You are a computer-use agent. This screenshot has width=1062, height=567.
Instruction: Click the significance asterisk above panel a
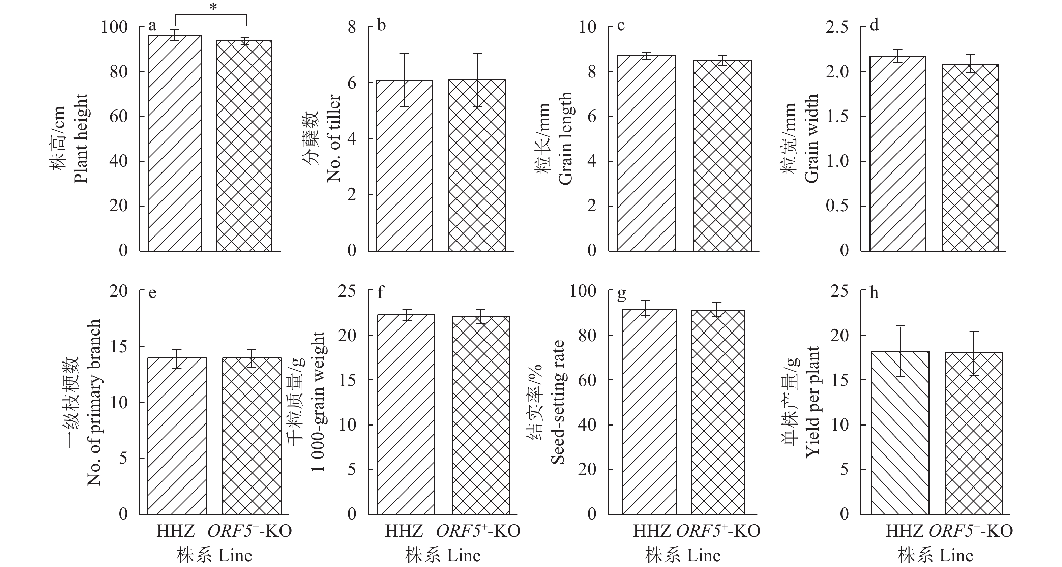pyautogui.click(x=213, y=8)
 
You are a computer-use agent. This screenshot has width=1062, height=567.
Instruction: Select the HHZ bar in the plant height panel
pyautogui.click(x=175, y=144)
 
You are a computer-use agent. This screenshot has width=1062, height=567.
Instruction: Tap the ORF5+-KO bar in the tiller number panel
pyautogui.click(x=477, y=165)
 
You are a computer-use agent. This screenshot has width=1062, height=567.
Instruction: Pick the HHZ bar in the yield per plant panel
pyautogui.click(x=900, y=433)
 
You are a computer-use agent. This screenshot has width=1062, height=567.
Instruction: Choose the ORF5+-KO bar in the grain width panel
pyautogui.click(x=970, y=157)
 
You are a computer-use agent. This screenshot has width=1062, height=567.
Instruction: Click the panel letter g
pyautogui.click(x=622, y=294)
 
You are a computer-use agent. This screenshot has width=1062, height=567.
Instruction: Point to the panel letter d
pyautogui.click(x=874, y=26)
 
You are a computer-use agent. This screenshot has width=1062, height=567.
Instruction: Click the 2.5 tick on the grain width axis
pyautogui.click(x=837, y=27)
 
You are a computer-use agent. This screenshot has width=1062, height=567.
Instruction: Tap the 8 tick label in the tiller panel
pyautogui.click(x=352, y=27)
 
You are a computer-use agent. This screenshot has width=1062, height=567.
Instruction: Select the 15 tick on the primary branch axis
pyautogui.click(x=118, y=347)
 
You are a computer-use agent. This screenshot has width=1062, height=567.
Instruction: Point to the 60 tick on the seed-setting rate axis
pyautogui.click(x=587, y=380)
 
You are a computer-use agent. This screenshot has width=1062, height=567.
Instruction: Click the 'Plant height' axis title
pyautogui.click(x=81, y=138)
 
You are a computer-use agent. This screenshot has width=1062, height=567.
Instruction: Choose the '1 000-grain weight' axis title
pyautogui.click(x=318, y=402)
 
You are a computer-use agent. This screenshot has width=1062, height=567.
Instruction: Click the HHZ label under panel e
pyautogui.click(x=176, y=531)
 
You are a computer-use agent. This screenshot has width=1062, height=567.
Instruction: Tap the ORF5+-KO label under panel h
pyautogui.click(x=971, y=531)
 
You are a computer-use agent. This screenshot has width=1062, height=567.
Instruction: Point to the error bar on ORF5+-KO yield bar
pyautogui.click(x=974, y=353)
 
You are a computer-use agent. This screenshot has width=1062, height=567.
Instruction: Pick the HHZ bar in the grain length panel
pyautogui.click(x=646, y=153)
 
